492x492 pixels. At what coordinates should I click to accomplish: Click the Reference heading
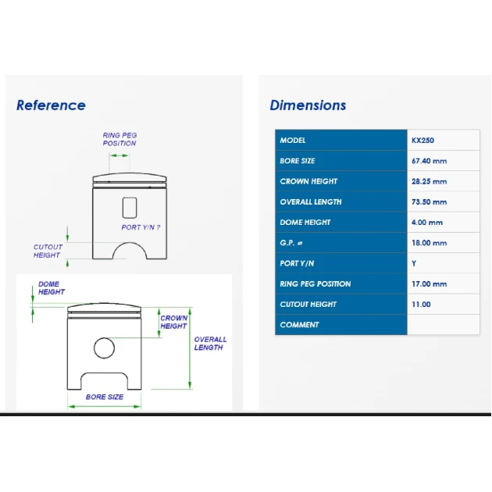click(51, 105)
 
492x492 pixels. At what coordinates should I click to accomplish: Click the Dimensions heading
click(308, 105)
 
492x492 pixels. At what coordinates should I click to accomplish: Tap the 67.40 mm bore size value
click(429, 161)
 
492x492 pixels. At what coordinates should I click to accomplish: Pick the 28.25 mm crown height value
click(429, 181)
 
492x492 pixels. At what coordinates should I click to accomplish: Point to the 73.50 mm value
click(429, 201)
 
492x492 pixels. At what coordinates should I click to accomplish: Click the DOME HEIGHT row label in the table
click(305, 222)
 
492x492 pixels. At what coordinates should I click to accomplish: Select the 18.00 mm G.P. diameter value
click(429, 243)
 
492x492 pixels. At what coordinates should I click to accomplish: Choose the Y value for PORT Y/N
click(414, 263)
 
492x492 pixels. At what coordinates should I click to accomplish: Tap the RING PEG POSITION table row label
click(316, 283)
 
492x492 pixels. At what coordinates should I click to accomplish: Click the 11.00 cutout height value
click(421, 304)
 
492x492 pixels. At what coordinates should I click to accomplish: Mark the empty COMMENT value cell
click(444, 325)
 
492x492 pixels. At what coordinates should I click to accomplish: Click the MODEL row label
click(293, 141)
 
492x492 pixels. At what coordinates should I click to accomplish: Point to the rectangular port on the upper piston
click(130, 208)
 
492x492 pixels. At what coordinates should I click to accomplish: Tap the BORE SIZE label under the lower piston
click(105, 397)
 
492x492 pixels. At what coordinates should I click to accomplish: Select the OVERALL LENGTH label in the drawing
click(210, 344)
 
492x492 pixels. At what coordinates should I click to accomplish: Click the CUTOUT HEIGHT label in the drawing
click(48, 251)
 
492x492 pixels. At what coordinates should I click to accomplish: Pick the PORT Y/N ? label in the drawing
click(141, 227)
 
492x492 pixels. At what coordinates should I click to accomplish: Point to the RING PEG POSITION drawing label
click(119, 139)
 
